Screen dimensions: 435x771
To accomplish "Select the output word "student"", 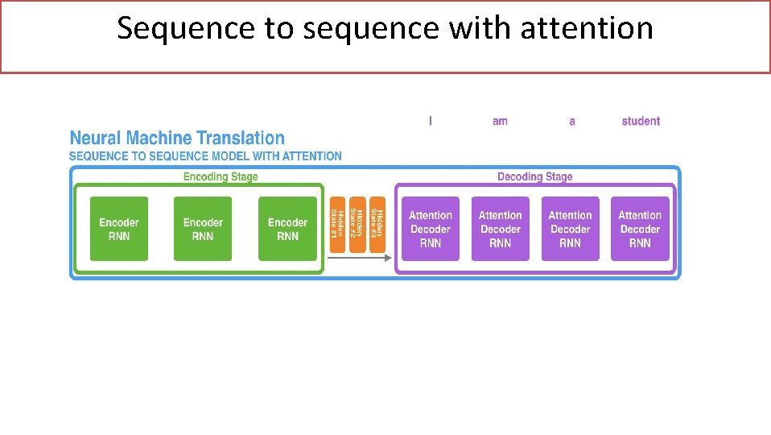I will click(x=641, y=121).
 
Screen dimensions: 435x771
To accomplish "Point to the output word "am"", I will click(x=500, y=121).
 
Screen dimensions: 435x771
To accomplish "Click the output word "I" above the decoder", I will click(x=430, y=121).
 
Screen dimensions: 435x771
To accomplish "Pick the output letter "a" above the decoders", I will click(x=571, y=121).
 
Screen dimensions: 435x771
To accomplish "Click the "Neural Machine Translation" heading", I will click(x=177, y=138).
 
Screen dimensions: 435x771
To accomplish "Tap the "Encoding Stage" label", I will click(x=221, y=176).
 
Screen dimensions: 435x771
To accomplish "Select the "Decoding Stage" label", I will click(x=534, y=176).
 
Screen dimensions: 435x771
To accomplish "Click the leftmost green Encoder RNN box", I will click(x=119, y=229).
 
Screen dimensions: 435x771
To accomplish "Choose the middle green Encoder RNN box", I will click(x=203, y=229).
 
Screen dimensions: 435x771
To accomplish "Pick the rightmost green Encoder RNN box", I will click(x=287, y=229).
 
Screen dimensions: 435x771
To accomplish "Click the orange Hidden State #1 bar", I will click(x=337, y=224).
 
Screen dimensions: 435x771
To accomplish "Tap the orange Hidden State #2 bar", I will click(x=357, y=224).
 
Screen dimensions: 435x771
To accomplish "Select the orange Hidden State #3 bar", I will click(x=377, y=224).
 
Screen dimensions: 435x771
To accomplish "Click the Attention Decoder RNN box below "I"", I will click(x=431, y=229).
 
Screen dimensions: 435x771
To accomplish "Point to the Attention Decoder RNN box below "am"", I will click(x=500, y=229).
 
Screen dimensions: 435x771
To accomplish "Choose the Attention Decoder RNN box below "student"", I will click(x=640, y=229).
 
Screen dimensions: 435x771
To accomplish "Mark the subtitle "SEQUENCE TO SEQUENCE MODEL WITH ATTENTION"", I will click(x=205, y=156).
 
